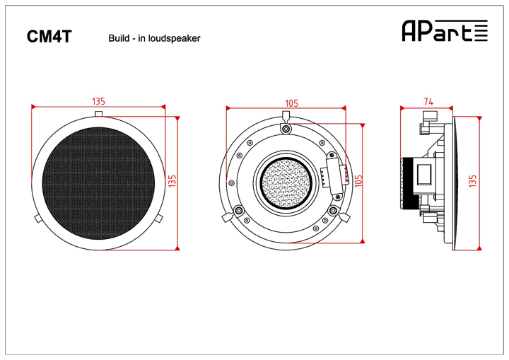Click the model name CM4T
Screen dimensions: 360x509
pos(49,37)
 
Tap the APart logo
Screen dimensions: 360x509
pos(444,30)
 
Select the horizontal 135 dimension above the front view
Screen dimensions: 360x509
pos(99,101)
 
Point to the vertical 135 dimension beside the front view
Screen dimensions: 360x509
pos(172,182)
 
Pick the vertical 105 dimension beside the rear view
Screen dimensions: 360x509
pos(358,182)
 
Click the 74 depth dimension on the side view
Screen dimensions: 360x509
pos(428,102)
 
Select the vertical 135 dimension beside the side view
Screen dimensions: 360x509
pos(473,182)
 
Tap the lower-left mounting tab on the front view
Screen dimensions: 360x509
pos(39,216)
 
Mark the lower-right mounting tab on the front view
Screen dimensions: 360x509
pos(159,216)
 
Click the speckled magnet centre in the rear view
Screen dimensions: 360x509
pos(286,183)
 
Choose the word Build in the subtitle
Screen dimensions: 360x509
pos(118,38)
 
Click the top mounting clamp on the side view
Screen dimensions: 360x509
pos(426,129)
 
